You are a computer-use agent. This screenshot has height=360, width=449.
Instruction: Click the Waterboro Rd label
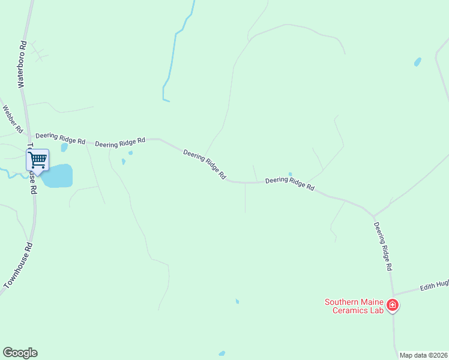click(x=23, y=65)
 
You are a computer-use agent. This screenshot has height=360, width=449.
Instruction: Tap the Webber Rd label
click(x=13, y=119)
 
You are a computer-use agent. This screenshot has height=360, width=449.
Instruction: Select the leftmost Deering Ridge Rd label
click(x=60, y=138)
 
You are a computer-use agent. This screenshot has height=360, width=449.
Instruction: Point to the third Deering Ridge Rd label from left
click(x=205, y=164)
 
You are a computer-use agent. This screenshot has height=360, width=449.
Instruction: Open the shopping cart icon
click(x=37, y=160)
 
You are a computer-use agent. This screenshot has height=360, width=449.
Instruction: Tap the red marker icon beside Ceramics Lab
click(x=393, y=305)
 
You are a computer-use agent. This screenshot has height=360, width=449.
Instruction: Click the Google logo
click(x=20, y=353)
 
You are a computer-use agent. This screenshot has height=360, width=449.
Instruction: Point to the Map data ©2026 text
click(x=423, y=355)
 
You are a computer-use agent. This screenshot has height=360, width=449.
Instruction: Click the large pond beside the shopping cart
click(x=58, y=176)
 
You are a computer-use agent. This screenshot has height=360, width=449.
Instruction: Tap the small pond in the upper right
click(x=417, y=62)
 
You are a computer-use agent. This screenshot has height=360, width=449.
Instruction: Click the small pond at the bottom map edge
click(x=222, y=354)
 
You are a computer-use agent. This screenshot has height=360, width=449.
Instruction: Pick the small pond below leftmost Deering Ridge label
click(x=64, y=148)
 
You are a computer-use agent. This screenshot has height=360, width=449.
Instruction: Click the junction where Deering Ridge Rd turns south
click(x=373, y=215)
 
